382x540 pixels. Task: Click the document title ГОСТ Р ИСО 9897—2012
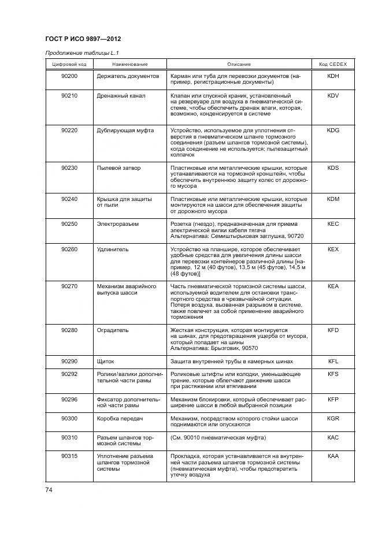tap(83, 39)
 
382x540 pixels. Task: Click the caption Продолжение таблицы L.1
tap(77, 53)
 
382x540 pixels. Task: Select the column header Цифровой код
tap(69, 64)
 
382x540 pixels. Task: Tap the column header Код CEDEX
tap(332, 64)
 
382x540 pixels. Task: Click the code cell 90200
tap(69, 76)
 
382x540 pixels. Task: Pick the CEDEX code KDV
tap(333, 95)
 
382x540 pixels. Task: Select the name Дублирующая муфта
tap(125, 131)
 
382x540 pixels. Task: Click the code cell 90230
tap(69, 168)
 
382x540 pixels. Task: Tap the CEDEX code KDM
tap(333, 199)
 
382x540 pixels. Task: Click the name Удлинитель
tap(113, 249)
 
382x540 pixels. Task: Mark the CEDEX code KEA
tap(333, 286)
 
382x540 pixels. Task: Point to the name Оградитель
tap(113, 330)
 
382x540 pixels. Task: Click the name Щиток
tap(106, 362)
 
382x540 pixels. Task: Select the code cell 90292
tap(69, 374)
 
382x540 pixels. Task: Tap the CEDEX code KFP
tap(333, 399)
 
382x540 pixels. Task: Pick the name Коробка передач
tap(120, 418)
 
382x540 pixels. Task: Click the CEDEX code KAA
tap(333, 456)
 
